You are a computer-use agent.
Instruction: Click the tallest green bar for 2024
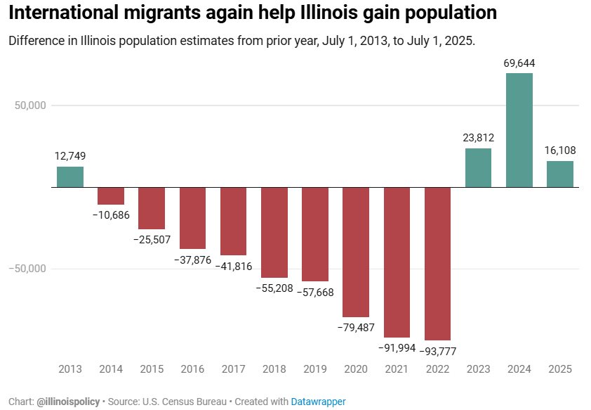pyautogui.click(x=519, y=130)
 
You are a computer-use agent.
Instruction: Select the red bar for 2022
pyautogui.click(x=437, y=264)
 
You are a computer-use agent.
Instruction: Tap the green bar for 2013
pyautogui.click(x=70, y=177)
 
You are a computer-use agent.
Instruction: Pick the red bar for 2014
pyautogui.click(x=111, y=196)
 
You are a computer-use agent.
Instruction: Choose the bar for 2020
pyautogui.click(x=356, y=252)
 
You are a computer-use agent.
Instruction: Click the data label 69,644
pyautogui.click(x=519, y=63)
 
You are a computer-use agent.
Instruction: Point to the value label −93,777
pyautogui.click(x=437, y=351)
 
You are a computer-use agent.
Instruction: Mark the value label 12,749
pyautogui.click(x=70, y=156)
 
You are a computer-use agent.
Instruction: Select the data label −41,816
pyautogui.click(x=233, y=267)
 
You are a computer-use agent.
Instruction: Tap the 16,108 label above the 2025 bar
pyautogui.click(x=560, y=150)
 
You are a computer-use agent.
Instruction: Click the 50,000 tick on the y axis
pyautogui.click(x=30, y=105)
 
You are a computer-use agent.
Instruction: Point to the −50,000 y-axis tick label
pyautogui.click(x=28, y=269)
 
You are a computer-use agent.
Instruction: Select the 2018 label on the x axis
pyautogui.click(x=274, y=369)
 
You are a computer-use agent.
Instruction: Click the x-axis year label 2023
pyautogui.click(x=478, y=369)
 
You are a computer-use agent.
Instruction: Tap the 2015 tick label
pyautogui.click(x=152, y=369)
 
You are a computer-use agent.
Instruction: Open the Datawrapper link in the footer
pyautogui.click(x=319, y=402)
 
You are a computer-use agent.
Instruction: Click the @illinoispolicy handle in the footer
pyautogui.click(x=68, y=402)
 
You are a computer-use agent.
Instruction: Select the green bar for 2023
pyautogui.click(x=478, y=168)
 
